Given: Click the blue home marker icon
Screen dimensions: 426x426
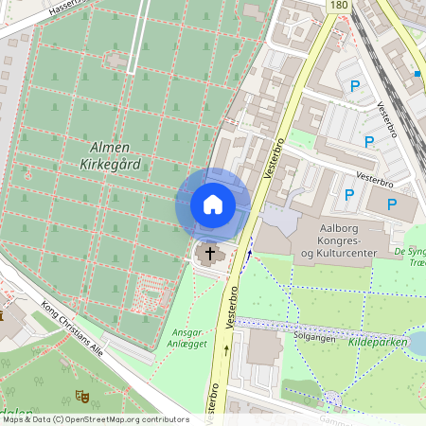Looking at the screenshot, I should [212, 204].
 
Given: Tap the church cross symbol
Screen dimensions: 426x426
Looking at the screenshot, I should [208, 253].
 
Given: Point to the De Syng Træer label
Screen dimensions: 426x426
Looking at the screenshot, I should [409, 257].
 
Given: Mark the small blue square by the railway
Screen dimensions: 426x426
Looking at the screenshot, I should [417, 73].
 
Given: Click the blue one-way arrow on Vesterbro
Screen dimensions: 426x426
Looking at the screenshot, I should [250, 254].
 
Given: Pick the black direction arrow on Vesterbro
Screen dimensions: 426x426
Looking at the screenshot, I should [227, 350].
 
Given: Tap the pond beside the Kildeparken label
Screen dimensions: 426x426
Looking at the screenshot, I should [417, 343].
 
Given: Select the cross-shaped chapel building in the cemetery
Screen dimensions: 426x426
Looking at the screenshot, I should [117, 60].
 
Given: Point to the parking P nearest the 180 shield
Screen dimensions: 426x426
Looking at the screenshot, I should [355, 86].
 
